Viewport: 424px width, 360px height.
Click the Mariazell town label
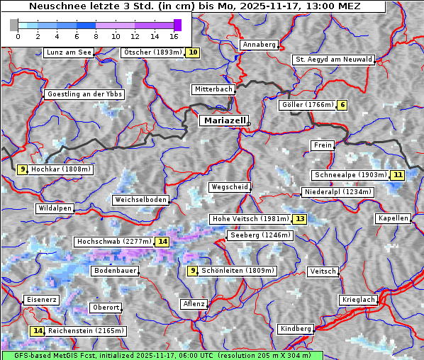224,120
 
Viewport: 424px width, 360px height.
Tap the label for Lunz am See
69,52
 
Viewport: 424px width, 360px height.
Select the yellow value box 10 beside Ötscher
193,52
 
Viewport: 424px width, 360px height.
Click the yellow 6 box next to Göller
342,105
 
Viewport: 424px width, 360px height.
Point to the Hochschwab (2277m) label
114,242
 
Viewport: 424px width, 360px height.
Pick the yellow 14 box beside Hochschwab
163,242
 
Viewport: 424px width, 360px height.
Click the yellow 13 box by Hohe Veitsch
300,219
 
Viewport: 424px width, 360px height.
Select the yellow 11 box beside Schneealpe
397,175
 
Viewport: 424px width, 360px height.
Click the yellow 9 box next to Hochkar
23,169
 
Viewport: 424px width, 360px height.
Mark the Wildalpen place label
55,208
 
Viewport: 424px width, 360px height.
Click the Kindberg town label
296,329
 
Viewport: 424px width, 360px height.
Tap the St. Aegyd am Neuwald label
333,60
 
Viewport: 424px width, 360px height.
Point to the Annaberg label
259,45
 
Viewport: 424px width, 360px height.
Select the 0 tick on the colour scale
18,35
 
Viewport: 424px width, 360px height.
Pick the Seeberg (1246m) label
260,235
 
